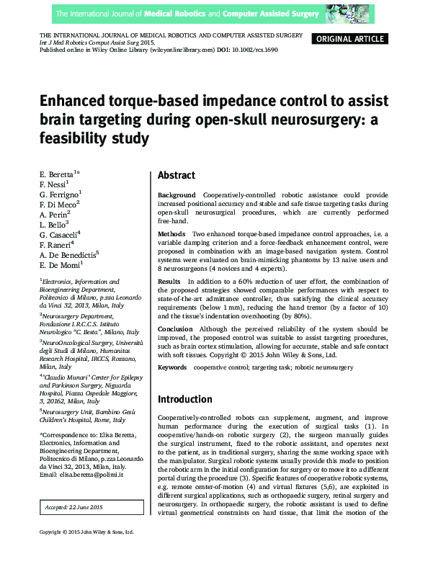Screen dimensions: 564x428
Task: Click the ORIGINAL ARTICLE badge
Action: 350,39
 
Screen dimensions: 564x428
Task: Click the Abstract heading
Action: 177,175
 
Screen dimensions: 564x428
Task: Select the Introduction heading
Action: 185,399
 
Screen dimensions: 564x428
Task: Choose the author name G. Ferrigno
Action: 60,194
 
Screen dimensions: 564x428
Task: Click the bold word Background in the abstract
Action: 177,195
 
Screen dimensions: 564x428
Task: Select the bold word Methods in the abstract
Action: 172,234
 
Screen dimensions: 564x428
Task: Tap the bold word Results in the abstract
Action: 169,281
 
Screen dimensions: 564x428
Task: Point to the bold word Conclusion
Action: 176,329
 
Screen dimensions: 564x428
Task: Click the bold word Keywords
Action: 172,367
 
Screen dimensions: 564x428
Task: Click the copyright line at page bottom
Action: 86,552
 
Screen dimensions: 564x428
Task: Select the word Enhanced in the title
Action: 73,100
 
